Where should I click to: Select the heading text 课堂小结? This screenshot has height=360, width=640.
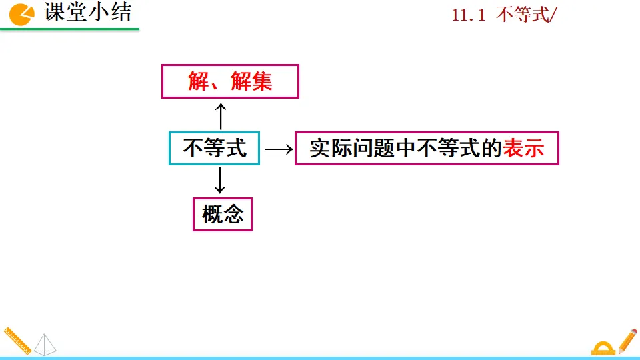[87, 13]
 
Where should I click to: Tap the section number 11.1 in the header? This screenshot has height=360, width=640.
[469, 15]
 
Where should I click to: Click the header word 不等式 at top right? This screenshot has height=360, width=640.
[523, 15]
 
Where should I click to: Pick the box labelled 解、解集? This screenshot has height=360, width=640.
[230, 81]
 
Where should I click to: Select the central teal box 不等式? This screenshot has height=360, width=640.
[214, 149]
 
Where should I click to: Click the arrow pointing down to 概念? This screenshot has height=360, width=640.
[221, 181]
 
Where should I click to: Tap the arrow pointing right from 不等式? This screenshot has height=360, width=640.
[278, 149]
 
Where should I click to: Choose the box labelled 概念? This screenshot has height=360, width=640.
[223, 214]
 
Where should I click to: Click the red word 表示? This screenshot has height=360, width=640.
[523, 149]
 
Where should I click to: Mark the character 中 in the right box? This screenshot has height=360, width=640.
[406, 149]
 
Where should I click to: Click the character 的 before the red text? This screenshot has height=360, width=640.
[491, 149]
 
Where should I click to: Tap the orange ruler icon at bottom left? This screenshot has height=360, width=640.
[17, 341]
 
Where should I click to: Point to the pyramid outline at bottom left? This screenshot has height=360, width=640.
[45, 344]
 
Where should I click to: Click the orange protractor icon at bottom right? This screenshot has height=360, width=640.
[603, 348]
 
